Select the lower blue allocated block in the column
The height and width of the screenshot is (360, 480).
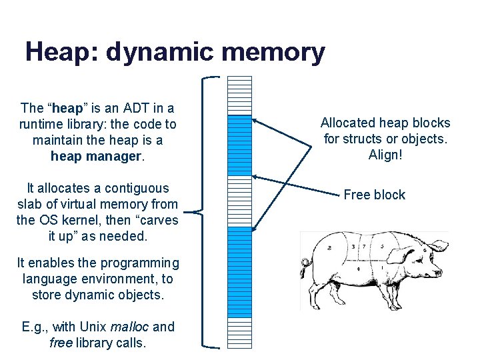240,271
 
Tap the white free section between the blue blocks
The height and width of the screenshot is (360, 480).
240,201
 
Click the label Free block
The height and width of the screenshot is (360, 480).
374,195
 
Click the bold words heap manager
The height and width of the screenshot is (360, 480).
97,157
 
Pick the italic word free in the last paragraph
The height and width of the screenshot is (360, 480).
61,343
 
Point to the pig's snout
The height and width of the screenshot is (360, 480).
438,273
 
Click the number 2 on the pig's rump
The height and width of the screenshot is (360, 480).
330,247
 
